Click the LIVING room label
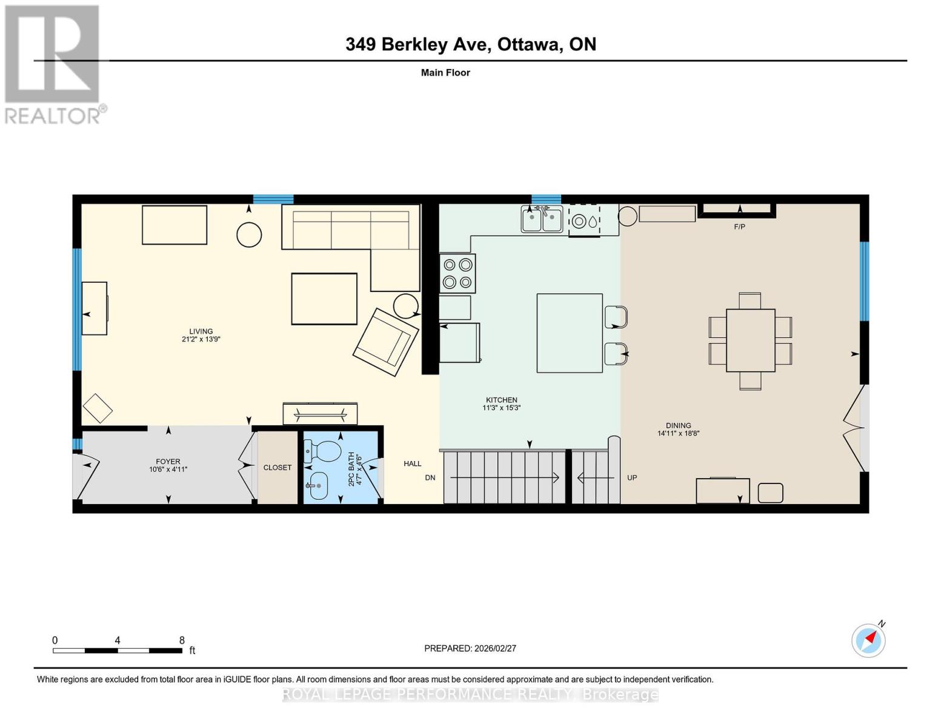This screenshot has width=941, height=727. tap(201, 331)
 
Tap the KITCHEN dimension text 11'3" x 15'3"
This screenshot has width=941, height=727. tap(501, 408)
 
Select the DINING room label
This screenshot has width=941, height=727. tap(678, 425)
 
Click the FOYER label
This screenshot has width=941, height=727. tap(168, 462)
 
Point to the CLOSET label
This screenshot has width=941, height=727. tap(278, 468)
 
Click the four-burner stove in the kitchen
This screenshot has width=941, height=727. tap(457, 273)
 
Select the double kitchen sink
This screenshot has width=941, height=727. tap(542, 219)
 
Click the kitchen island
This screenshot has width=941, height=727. tap(570, 333)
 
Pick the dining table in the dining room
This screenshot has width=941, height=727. tap(750, 340)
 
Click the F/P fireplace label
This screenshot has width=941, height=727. tap(739, 227)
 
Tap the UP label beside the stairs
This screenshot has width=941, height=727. tap(632, 477)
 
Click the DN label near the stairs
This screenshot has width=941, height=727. tap(430, 477)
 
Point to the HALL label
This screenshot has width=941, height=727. tap(413, 463)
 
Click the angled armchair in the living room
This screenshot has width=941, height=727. tap(386, 342)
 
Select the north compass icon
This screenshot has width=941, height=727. tap(868, 640)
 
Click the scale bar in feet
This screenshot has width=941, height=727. tap(117, 650)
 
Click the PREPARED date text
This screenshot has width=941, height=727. tap(470, 648)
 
